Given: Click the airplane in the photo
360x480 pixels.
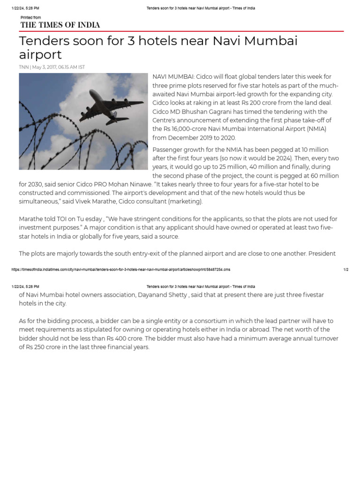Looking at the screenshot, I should coord(111,106).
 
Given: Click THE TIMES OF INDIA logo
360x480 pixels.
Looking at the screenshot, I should coord(60,25).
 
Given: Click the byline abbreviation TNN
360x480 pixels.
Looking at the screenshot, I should coord(23,67).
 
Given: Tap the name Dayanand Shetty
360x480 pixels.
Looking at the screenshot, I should coord(161,295).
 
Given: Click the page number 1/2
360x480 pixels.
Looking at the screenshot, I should coord(345,270).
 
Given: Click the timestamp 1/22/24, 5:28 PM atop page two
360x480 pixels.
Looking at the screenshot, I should coord(25,286).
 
